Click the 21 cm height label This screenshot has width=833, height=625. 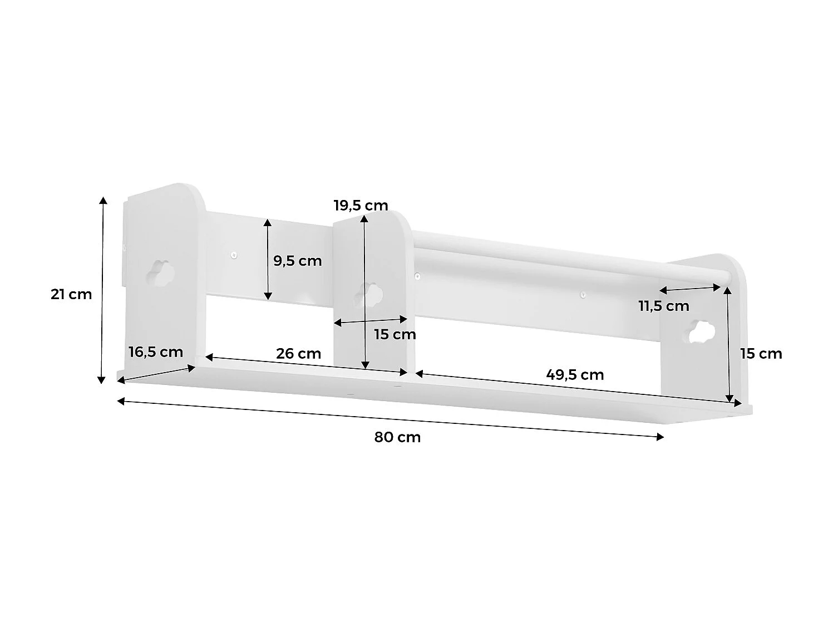coord(71,294)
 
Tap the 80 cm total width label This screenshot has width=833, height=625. coord(397,437)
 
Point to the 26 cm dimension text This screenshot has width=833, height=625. coord(298,354)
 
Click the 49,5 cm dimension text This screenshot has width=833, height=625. coord(575,375)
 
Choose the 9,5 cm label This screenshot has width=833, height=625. coord(297,261)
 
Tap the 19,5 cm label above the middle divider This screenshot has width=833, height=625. coord(361,206)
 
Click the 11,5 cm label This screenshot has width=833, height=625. coord(663,306)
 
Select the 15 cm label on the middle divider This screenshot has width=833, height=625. coord(395,335)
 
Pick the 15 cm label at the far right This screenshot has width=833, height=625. coord(761,354)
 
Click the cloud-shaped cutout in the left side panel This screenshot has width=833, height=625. coord(160,271)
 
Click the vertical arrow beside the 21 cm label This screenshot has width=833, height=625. coord(102,290)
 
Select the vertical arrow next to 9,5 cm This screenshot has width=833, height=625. coord(268,259)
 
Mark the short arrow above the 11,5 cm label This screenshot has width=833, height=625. coord(690,289)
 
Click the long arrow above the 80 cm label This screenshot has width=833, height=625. coord(390,418)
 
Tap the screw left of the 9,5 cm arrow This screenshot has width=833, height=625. coord(234,256)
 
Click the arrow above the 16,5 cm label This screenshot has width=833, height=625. coord(157,374)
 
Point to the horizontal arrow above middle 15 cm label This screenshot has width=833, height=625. coord(370,321)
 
